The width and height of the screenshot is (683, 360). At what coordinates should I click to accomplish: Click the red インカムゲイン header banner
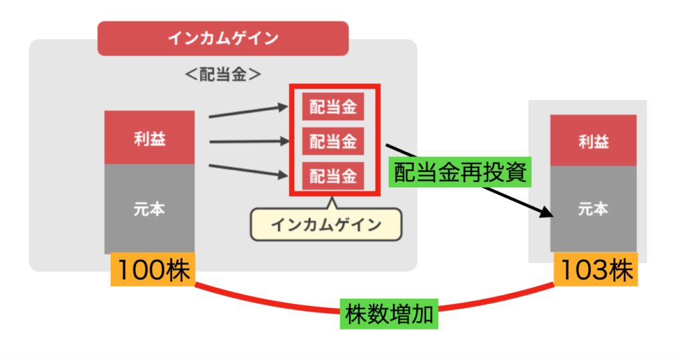tap(223, 38)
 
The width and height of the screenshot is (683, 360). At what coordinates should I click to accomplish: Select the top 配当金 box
tap(333, 107)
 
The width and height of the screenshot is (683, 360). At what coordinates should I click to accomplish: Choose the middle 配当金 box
tap(333, 141)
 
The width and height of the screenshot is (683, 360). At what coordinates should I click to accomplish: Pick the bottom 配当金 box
tap(333, 176)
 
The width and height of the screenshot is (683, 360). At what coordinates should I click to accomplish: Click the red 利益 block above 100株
tap(149, 138)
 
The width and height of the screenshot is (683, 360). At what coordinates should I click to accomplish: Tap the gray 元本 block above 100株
tap(149, 209)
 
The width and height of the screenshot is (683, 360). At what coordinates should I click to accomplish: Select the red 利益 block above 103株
tap(593, 141)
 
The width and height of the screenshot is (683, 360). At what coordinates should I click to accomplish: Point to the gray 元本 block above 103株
tap(593, 209)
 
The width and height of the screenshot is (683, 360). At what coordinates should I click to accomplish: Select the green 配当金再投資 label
tap(461, 173)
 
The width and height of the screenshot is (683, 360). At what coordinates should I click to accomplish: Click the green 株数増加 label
tap(390, 313)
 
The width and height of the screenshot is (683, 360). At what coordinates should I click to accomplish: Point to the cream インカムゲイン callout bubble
tap(326, 225)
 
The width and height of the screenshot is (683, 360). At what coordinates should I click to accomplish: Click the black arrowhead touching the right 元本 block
tap(547, 213)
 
